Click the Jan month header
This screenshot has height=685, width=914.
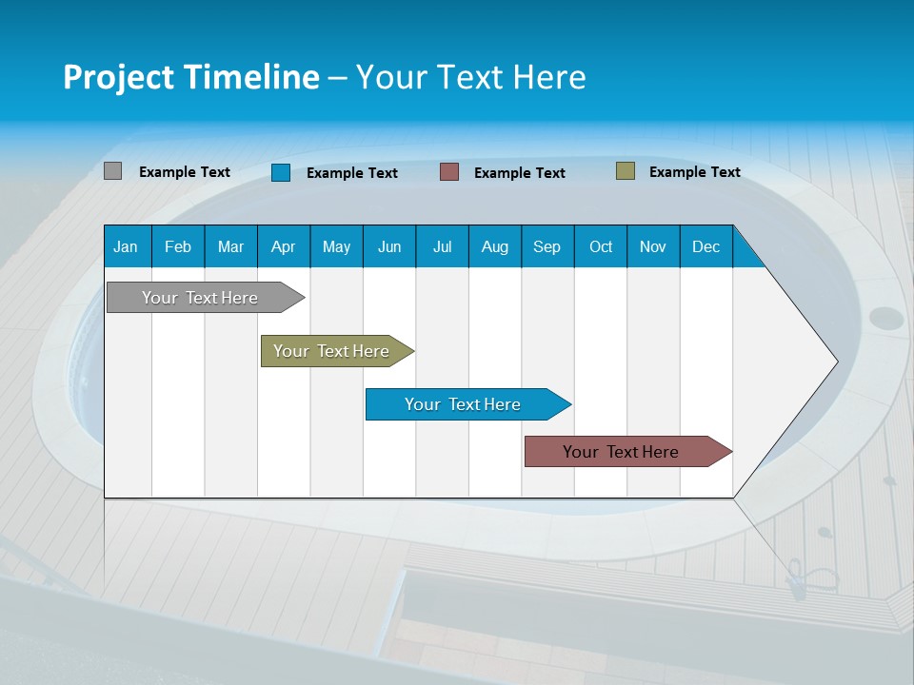[127, 246]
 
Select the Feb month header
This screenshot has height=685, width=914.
[178, 246]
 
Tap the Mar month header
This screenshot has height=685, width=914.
[230, 246]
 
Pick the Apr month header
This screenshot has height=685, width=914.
[284, 246]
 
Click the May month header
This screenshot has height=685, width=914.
[336, 246]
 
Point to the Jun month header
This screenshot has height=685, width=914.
[389, 246]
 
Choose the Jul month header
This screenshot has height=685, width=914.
[442, 246]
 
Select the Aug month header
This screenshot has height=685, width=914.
[495, 246]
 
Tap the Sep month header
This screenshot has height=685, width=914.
[547, 246]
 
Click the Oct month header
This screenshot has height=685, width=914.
[601, 246]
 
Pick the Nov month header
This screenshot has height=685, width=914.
[653, 246]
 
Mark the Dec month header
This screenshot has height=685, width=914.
[706, 246]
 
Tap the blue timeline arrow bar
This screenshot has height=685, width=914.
[464, 404]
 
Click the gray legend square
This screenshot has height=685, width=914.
[112, 171]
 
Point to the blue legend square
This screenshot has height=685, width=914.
[281, 172]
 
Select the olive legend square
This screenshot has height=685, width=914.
[625, 171]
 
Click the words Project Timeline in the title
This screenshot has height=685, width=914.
[191, 77]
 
